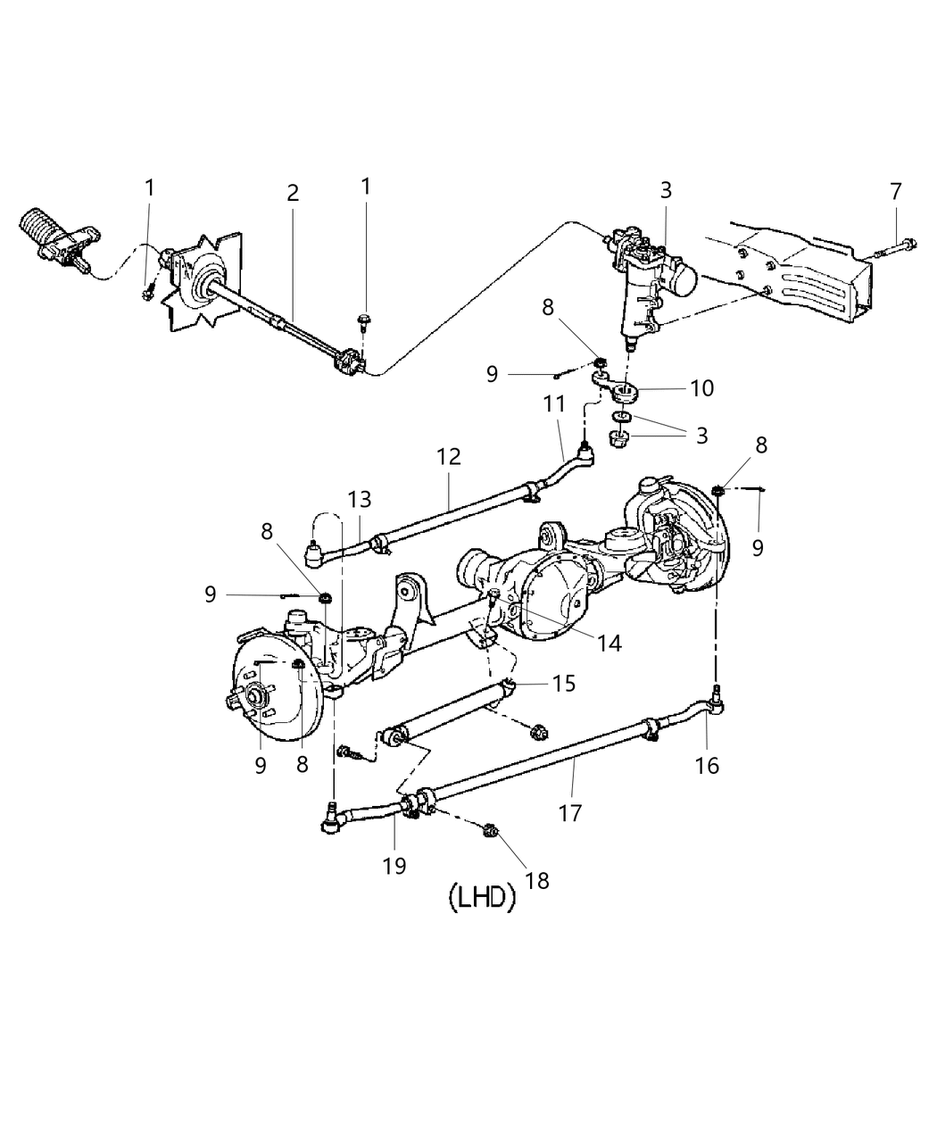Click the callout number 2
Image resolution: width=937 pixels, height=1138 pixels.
pos(293,193)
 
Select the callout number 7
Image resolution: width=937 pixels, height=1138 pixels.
pos(895,191)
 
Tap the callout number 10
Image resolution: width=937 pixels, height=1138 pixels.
pos(702,388)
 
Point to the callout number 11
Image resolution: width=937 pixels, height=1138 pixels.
pos(554,404)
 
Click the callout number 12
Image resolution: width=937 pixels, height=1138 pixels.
pos(449,457)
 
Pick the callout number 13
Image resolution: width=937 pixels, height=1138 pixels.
pos(360,499)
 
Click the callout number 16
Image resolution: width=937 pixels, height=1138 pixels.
pos(706,765)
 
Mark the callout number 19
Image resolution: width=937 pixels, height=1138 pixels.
pos(394,864)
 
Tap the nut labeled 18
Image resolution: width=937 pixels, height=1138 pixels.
pos(488,832)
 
